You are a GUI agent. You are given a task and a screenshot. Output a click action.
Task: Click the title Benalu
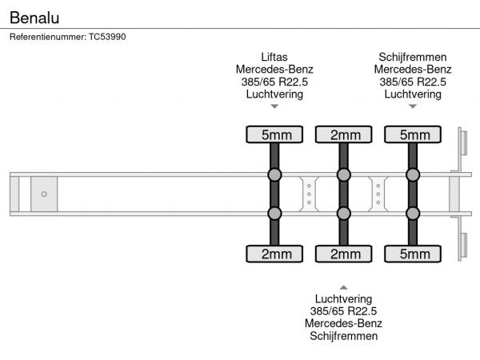click(x=34, y=16)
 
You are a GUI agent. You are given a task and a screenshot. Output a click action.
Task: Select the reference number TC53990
click(x=108, y=36)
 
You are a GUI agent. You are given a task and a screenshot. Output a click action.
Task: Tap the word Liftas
click(x=274, y=57)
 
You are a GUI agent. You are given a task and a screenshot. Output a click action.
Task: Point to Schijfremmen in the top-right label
click(x=412, y=57)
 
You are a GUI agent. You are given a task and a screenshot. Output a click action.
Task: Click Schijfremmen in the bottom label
click(x=343, y=335)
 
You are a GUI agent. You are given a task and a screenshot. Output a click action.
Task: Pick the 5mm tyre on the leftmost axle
click(x=274, y=134)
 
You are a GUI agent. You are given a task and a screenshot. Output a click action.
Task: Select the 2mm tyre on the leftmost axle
click(x=274, y=254)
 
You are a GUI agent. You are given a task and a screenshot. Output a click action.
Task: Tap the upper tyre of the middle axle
click(x=343, y=134)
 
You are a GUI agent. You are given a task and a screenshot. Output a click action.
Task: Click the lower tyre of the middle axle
click(x=343, y=254)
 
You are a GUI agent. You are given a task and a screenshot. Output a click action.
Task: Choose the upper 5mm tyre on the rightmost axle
click(x=413, y=134)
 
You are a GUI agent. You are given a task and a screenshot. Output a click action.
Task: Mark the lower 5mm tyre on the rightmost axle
click(x=413, y=254)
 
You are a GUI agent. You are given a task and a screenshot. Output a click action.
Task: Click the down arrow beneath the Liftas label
click(x=274, y=106)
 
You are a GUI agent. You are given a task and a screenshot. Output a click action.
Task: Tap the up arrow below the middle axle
click(x=343, y=286)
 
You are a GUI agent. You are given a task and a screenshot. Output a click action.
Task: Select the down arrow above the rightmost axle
click(x=412, y=106)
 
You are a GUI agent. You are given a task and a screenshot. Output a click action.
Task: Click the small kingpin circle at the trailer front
click(x=44, y=194)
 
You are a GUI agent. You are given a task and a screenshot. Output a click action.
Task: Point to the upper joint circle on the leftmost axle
click(x=274, y=175)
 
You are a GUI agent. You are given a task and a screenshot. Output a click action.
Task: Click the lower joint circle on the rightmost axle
click(x=413, y=213)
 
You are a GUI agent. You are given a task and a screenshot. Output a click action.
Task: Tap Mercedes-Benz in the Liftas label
click(x=274, y=69)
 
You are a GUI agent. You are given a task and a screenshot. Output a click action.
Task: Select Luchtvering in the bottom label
click(x=343, y=298)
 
